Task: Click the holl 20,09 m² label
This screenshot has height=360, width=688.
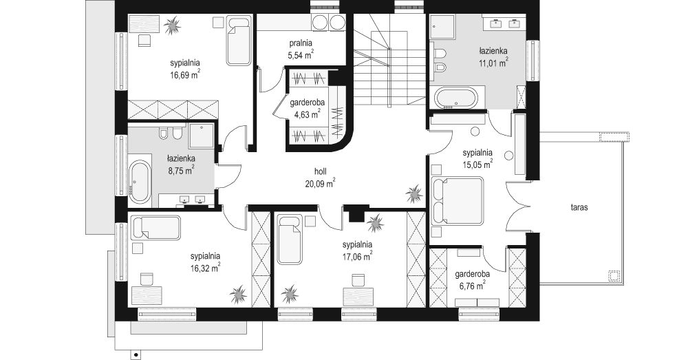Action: point(321,177)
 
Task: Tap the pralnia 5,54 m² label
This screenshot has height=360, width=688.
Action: point(301,49)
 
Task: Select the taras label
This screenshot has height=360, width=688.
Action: point(579,207)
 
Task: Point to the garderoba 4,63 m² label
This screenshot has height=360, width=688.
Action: point(307,109)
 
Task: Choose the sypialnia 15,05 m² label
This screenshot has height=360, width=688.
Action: point(477,158)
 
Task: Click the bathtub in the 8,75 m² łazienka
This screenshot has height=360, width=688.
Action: point(140,182)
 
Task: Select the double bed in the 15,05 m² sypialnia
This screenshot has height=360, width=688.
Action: point(458,200)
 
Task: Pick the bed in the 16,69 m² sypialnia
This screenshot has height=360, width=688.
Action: point(239,40)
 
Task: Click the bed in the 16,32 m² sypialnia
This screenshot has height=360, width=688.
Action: point(155,228)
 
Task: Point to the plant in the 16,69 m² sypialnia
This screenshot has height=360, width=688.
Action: point(172,25)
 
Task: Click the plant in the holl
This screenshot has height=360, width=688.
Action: point(413,193)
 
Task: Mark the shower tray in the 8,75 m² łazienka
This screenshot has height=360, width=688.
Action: point(202,136)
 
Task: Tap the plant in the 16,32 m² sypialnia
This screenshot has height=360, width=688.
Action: point(238,295)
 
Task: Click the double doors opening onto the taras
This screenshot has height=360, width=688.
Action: point(517,207)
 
